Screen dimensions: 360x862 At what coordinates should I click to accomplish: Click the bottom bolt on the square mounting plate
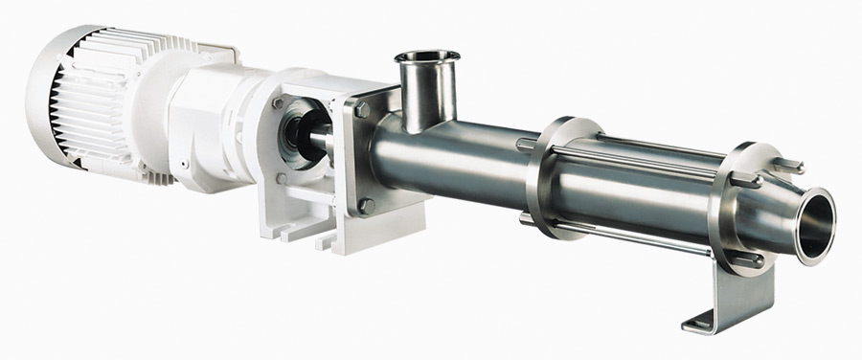pos(367,204)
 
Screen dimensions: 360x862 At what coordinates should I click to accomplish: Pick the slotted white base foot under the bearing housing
pos(297,225)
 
